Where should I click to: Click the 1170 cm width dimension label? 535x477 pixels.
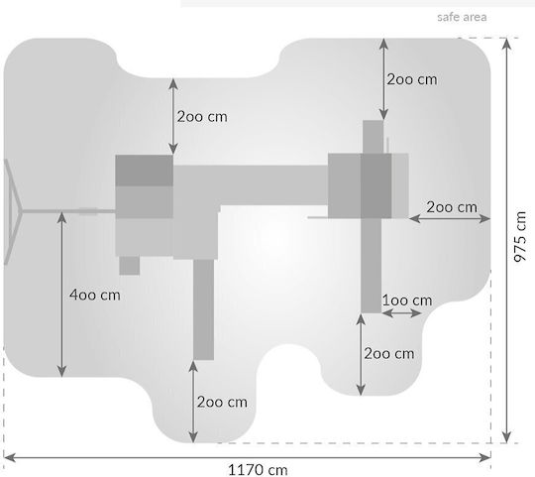[x=258, y=470]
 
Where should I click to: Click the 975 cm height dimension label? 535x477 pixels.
[x=520, y=237]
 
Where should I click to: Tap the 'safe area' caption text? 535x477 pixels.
[x=462, y=17]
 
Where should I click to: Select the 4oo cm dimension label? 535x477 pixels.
[x=95, y=295]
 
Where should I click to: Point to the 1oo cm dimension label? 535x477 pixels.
[x=407, y=300]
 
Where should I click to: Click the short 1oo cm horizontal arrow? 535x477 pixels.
[x=401, y=312]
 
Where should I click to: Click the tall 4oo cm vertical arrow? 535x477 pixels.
[x=61, y=295]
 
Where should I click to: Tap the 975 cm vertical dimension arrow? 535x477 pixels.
[x=507, y=240]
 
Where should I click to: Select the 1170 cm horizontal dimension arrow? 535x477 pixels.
[x=247, y=457]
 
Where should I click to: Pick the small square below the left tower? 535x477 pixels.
[x=130, y=266]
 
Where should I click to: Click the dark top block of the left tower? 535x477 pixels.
[x=144, y=171]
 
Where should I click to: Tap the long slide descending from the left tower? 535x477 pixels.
[x=203, y=309]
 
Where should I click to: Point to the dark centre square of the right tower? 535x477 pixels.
[x=376, y=185]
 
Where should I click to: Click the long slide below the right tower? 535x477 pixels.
[x=371, y=266]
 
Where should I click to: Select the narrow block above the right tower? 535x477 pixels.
[x=373, y=137]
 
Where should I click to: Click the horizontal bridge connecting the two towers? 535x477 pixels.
[x=251, y=185]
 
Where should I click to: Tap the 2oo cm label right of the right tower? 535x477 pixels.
[x=452, y=207]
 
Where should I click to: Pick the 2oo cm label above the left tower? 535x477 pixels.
[x=202, y=117]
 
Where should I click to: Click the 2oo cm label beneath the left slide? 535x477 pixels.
[x=222, y=403]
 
